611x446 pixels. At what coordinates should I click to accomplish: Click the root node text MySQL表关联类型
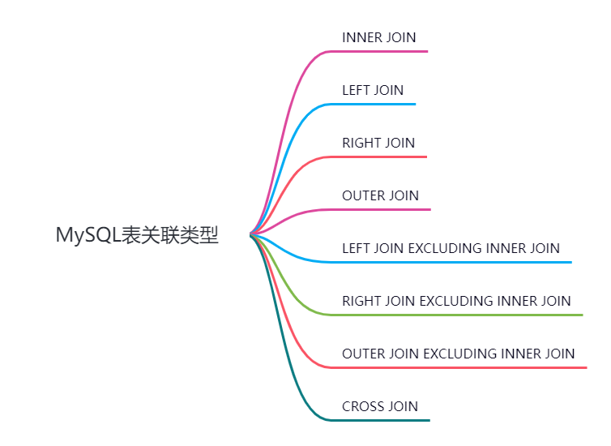click(x=137, y=235)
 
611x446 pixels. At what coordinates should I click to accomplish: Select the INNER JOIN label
click(x=379, y=37)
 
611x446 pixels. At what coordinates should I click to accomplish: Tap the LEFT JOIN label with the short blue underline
click(x=373, y=90)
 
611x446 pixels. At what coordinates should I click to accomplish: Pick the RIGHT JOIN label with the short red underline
click(x=378, y=143)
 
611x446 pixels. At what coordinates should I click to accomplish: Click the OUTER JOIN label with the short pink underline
click(x=380, y=195)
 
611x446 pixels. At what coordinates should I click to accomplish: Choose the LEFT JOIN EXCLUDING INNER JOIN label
click(x=451, y=248)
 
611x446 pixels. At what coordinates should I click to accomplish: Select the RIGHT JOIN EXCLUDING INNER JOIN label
click(x=456, y=301)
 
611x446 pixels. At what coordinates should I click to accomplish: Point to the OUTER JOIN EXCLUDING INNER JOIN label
click(x=458, y=354)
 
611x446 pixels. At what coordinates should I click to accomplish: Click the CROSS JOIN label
click(x=380, y=406)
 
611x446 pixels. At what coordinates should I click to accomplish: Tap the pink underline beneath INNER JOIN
click(x=381, y=51)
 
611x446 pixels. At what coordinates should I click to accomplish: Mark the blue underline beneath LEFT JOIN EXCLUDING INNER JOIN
click(x=454, y=262)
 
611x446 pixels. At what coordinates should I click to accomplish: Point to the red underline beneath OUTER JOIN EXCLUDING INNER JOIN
click(x=462, y=367)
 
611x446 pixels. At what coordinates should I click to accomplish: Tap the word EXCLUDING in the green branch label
click(x=451, y=301)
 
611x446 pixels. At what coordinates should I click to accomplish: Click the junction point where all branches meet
click(x=253, y=234)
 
